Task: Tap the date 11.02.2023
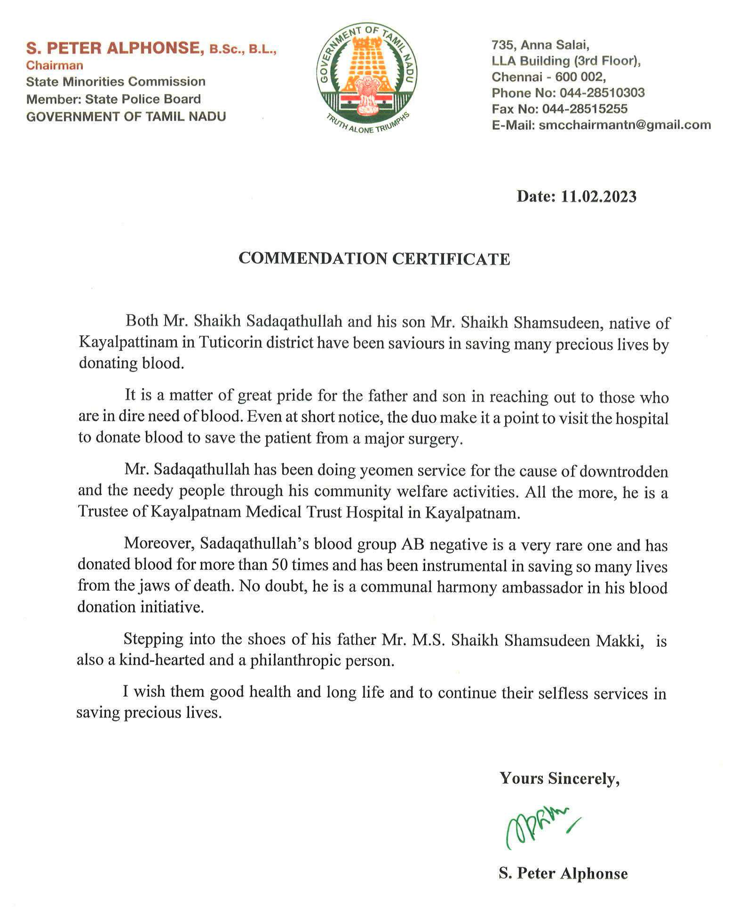pos(598,197)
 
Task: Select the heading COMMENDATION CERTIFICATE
pos(374,259)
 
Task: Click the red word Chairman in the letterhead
pos(55,65)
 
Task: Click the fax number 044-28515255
pos(585,109)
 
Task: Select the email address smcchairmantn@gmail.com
pos(625,125)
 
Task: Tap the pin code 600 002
pos(580,77)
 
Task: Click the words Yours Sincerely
pos(559,778)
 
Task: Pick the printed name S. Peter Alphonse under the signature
pos(563,873)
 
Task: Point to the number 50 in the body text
pos(280,565)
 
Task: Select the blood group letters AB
pos(413,544)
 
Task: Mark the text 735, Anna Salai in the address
pos(540,45)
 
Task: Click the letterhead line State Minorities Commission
pos(116,82)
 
